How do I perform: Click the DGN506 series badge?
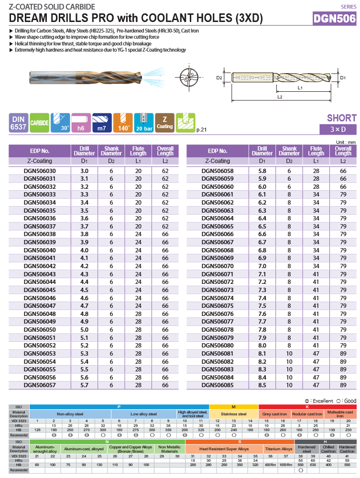(x=334, y=19)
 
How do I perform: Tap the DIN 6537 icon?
(x=18, y=123)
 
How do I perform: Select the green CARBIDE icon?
(x=40, y=123)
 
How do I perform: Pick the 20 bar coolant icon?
(x=143, y=123)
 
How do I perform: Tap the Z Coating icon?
(x=164, y=123)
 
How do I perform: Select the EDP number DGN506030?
(x=40, y=171)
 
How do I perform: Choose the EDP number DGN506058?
(x=218, y=171)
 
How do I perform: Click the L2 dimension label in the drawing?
(x=280, y=97)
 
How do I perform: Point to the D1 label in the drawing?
(x=343, y=77)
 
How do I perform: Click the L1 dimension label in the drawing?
(x=300, y=88)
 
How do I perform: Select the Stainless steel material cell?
(x=234, y=414)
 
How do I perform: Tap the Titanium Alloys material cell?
(x=279, y=449)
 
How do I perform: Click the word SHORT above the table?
(x=341, y=118)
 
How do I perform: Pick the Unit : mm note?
(x=346, y=142)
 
